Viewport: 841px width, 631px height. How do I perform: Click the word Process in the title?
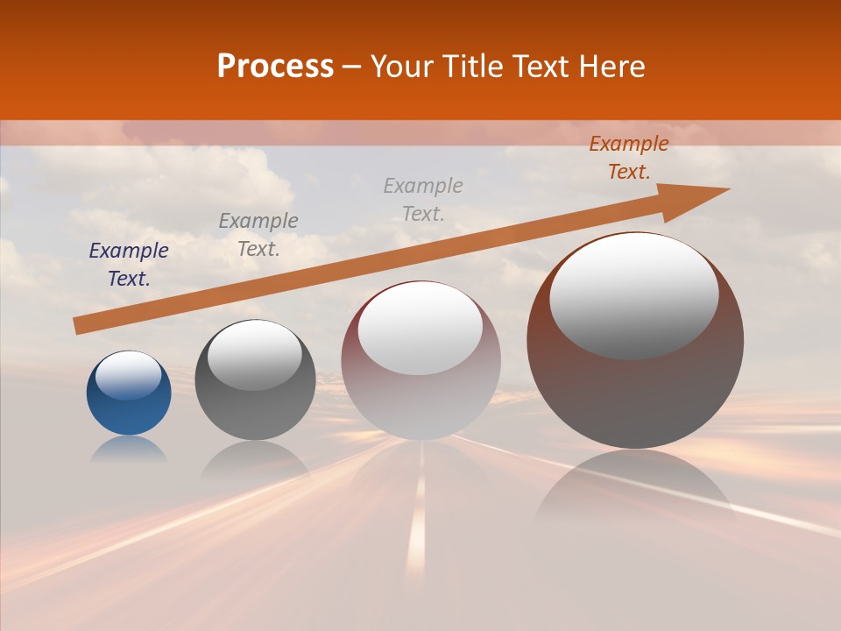click(x=275, y=67)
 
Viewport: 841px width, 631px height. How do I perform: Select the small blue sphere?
click(x=129, y=408)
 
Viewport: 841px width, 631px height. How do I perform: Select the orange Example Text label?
click(x=628, y=158)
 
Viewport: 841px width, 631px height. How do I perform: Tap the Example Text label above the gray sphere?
click(x=258, y=235)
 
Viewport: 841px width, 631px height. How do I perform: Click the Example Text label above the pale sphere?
click(x=423, y=199)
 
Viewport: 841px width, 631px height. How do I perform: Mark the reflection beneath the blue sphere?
click(x=129, y=449)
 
